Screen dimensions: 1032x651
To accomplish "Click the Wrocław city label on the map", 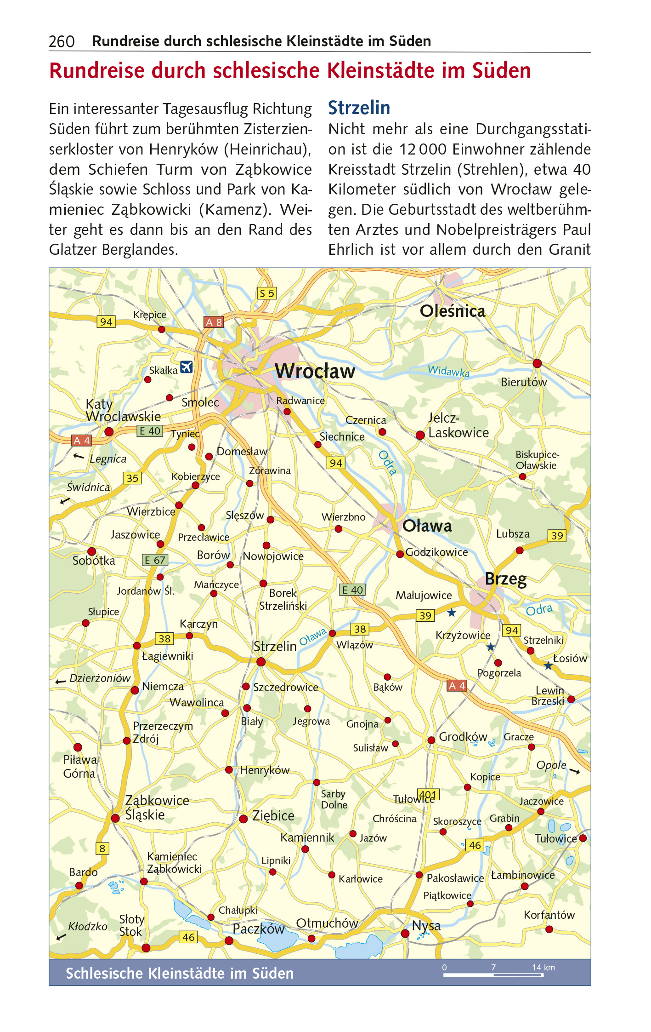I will (x=315, y=371).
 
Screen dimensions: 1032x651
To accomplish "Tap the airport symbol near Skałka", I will (x=186, y=367).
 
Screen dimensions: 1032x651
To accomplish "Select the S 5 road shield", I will (x=266, y=293).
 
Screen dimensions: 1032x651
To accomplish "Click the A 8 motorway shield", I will (x=214, y=322).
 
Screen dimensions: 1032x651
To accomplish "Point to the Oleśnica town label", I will (x=453, y=311).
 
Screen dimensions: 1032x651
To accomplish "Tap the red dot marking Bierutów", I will (x=537, y=363).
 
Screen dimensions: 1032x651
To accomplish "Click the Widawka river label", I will (x=448, y=371).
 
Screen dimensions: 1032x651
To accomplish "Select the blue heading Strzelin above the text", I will (x=359, y=108).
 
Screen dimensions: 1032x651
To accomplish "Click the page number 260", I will (x=62, y=42).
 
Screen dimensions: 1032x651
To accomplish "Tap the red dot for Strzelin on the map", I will (x=261, y=662).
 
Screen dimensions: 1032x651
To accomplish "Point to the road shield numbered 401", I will (x=428, y=794).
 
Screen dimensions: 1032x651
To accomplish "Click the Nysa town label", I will (x=426, y=926).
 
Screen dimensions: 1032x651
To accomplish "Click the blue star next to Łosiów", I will (x=548, y=665).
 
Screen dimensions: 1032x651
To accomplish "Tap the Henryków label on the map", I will (x=265, y=770).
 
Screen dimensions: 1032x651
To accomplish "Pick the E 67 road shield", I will (x=155, y=560).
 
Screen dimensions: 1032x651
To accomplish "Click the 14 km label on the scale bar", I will (x=543, y=968).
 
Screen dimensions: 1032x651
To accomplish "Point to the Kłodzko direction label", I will (x=87, y=926).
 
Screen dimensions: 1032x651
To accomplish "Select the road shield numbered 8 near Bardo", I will (x=102, y=849).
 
